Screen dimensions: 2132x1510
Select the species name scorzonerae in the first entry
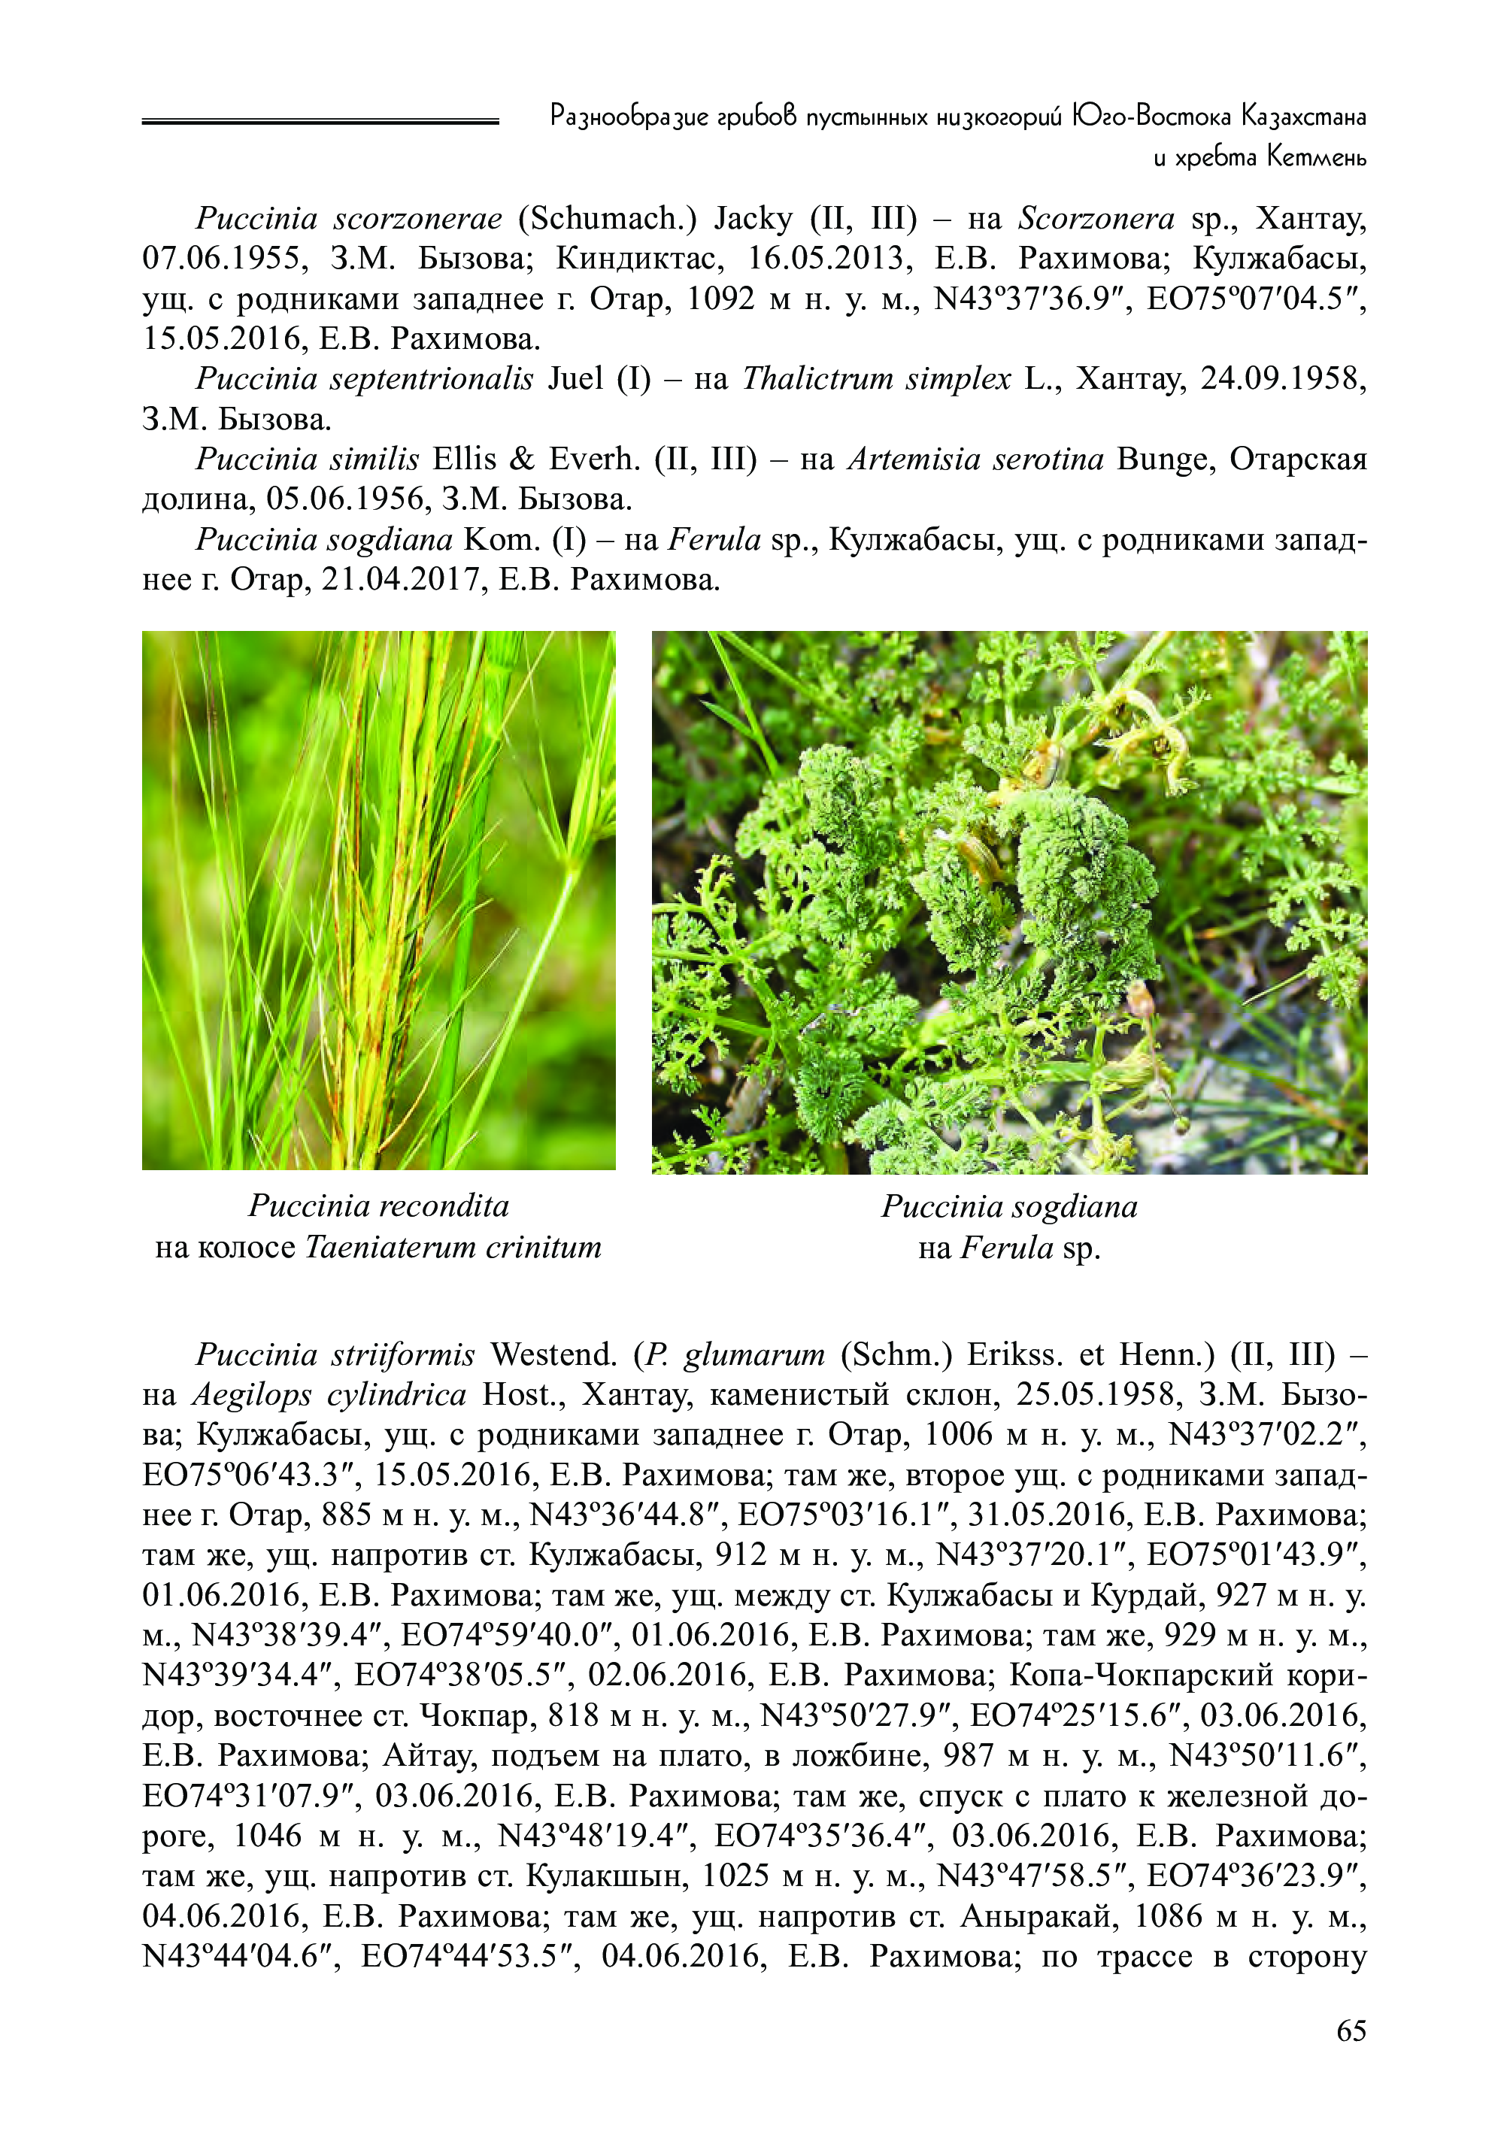point(417,219)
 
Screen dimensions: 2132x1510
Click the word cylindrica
point(397,1395)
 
